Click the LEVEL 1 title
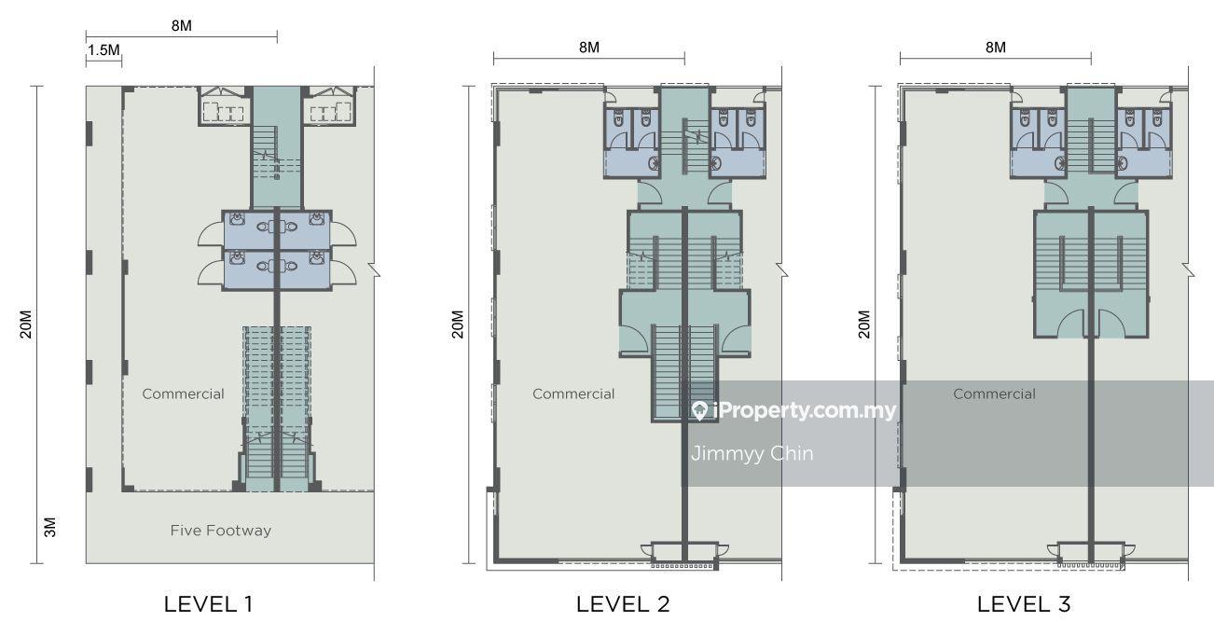point(208,604)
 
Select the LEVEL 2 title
point(623,604)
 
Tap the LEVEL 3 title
point(1024,604)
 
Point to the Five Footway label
point(221,531)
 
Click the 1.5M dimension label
point(103,50)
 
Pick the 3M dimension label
point(49,527)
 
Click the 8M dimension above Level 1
point(182,25)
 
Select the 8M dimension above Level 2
point(589,48)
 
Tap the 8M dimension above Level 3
point(996,48)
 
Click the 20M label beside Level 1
point(26,324)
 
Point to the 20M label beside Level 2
point(458,324)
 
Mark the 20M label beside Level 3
point(864,324)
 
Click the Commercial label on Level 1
point(183,393)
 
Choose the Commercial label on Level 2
point(573,393)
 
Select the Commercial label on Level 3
point(995,393)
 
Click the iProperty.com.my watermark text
point(805,411)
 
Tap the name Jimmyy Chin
point(752,453)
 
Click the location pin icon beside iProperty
point(699,411)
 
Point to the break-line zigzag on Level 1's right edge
point(374,269)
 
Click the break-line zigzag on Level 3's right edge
point(1188,269)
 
